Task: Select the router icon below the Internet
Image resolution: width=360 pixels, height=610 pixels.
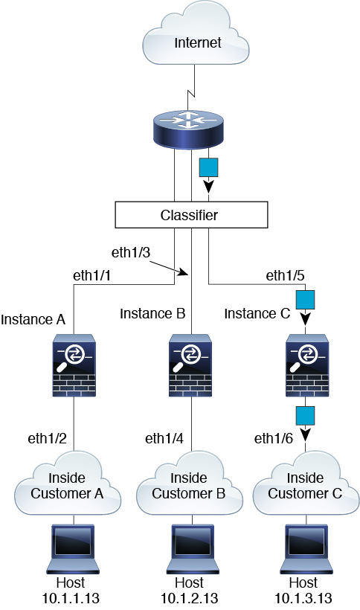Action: point(188,128)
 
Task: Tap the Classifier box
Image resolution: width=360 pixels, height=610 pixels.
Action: point(191,215)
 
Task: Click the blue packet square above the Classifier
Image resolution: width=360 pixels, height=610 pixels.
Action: point(208,167)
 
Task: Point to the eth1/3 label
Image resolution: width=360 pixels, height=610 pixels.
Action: point(131,252)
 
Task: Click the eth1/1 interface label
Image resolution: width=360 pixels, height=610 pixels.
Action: point(91,275)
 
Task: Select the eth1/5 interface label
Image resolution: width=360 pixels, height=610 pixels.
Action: point(285,275)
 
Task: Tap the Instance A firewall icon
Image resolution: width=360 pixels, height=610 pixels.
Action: point(74,365)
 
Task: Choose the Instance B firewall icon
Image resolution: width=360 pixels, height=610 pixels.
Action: point(190,365)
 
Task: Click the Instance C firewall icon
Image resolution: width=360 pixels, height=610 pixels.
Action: point(307,365)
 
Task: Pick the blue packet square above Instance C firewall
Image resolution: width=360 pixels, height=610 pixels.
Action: point(305,300)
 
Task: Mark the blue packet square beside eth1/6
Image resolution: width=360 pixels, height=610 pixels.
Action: point(305,416)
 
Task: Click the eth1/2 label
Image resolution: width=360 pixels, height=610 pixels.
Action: point(47,438)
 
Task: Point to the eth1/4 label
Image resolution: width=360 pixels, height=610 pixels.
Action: point(164,438)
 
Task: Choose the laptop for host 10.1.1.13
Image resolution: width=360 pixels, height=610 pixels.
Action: point(73,549)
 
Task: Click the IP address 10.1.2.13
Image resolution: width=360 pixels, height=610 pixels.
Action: point(190,598)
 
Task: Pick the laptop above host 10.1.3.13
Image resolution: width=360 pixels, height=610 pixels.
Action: point(306,549)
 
